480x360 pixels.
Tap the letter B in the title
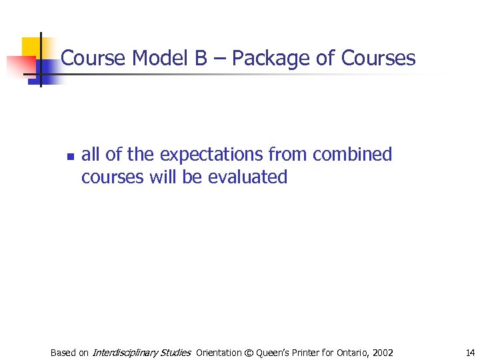[x=201, y=59]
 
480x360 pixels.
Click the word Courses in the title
[x=378, y=59]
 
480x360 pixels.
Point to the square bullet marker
[x=70, y=157]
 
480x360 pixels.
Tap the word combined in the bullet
[x=353, y=155]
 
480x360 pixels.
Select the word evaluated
[x=247, y=177]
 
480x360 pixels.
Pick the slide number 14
[x=471, y=352]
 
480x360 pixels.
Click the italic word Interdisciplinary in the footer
[x=124, y=353]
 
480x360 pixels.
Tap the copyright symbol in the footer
[x=249, y=353]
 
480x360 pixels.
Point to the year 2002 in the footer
[x=383, y=353]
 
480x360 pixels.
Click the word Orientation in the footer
[x=220, y=353]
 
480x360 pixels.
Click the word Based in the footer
[x=63, y=353]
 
